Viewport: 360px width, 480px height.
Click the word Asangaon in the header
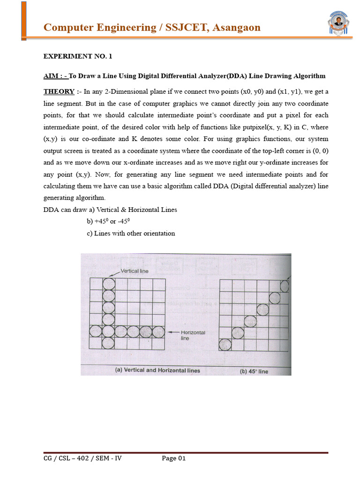click(x=236, y=28)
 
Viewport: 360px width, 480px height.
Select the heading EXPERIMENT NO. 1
click(x=78, y=56)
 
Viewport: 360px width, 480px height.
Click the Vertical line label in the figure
click(x=135, y=270)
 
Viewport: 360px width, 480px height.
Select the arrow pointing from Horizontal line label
click(x=173, y=332)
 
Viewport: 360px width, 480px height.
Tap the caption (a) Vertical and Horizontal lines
click(x=157, y=370)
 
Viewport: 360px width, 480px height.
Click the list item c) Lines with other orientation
click(x=131, y=233)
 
